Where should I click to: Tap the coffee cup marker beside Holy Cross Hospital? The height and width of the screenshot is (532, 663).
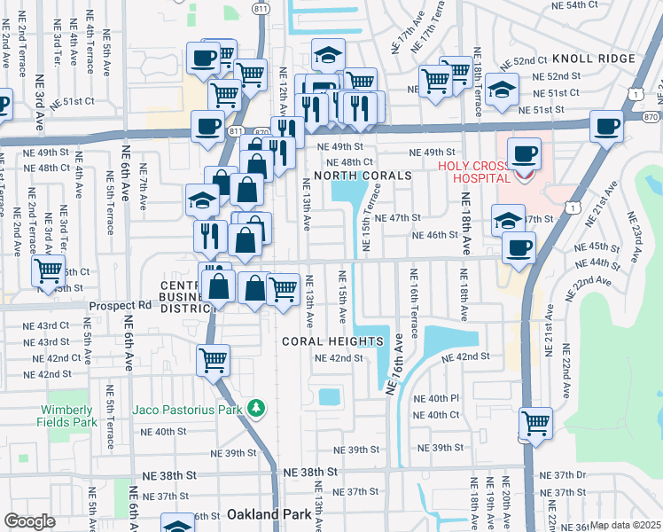pyautogui.click(x=523, y=153)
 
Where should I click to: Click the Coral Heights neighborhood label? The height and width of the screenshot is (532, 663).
pyautogui.click(x=332, y=341)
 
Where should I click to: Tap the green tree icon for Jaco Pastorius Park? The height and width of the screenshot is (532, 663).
pyautogui.click(x=256, y=408)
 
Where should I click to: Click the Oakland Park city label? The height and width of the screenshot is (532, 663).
pyautogui.click(x=267, y=514)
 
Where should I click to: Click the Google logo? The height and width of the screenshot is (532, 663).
pyautogui.click(x=29, y=521)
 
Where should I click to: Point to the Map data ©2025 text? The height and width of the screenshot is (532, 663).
pyautogui.click(x=625, y=525)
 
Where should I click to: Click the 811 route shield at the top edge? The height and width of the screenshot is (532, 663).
pyautogui.click(x=259, y=9)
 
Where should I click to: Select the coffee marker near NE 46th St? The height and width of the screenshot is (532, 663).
pyautogui.click(x=519, y=247)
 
